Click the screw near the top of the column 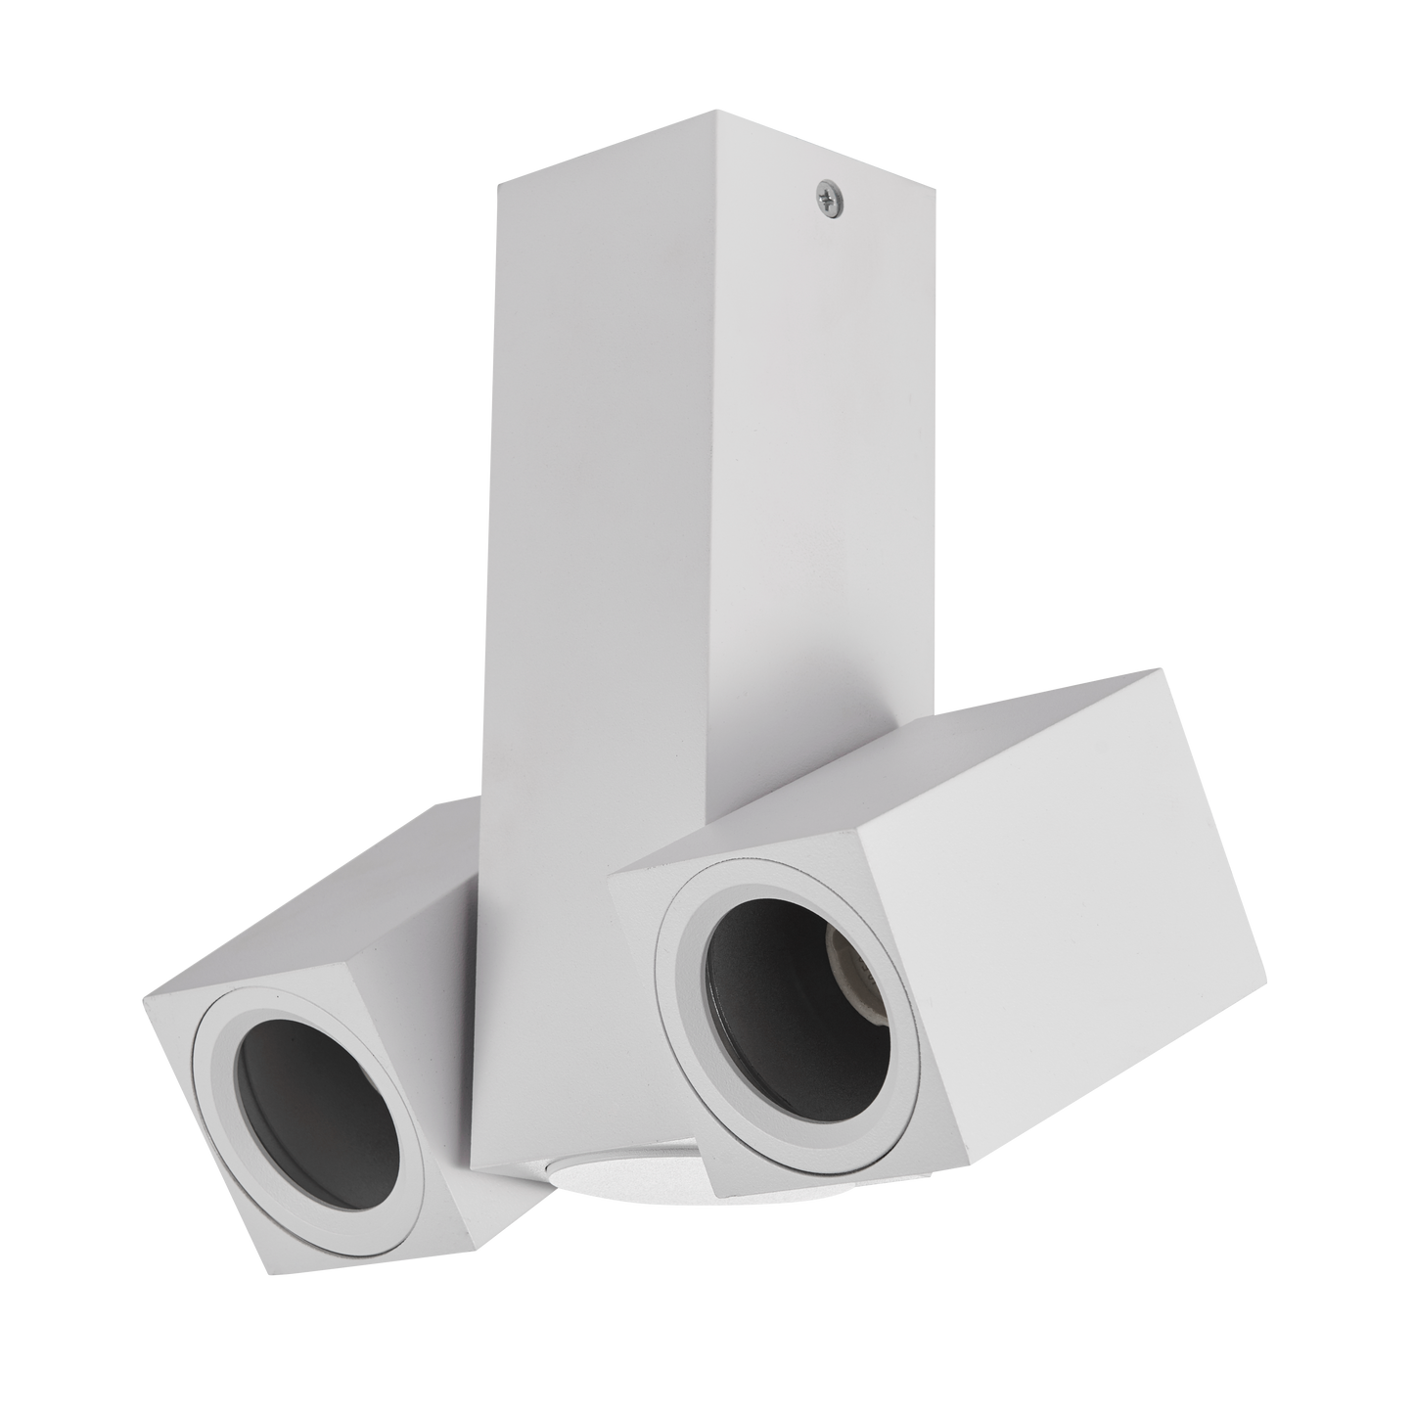coord(823,199)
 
